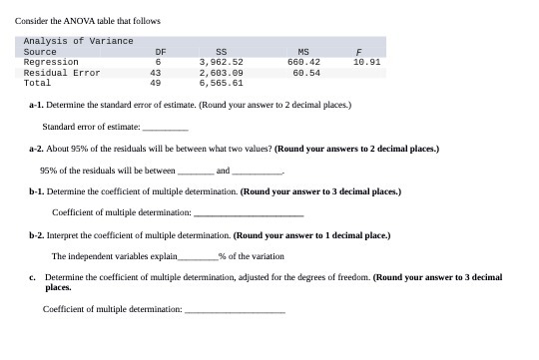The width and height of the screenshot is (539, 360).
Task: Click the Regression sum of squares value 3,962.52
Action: (x=221, y=62)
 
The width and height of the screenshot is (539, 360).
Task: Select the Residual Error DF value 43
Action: (x=156, y=72)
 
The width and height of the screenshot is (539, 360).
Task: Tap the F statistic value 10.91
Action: (x=367, y=62)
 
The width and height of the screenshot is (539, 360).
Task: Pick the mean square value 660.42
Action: (x=302, y=62)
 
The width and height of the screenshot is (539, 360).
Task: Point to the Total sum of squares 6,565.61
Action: (x=221, y=83)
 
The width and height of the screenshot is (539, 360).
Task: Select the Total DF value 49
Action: (x=156, y=83)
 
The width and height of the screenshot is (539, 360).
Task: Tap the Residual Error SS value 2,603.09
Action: (x=221, y=72)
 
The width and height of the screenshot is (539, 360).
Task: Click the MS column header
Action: (x=304, y=51)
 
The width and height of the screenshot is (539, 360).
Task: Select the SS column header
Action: (x=221, y=51)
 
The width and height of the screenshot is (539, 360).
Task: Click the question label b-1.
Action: (x=36, y=191)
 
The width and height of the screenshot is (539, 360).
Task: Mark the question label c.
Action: (x=32, y=276)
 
